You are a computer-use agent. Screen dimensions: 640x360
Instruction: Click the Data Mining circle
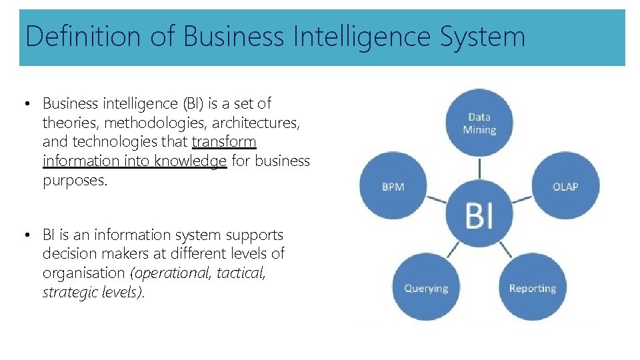(x=479, y=123)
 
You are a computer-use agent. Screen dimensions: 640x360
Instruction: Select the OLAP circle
(x=565, y=187)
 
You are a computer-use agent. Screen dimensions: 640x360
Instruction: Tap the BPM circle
(x=393, y=187)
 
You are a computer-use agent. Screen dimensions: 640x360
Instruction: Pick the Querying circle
(x=426, y=288)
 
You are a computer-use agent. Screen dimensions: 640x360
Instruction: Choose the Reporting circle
(x=532, y=288)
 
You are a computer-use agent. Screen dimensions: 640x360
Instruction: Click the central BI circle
(x=479, y=215)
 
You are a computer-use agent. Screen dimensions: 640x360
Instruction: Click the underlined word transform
(x=224, y=142)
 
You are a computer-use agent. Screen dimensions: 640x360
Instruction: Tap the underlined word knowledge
(x=191, y=161)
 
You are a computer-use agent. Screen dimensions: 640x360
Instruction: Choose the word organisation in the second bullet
(x=84, y=273)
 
